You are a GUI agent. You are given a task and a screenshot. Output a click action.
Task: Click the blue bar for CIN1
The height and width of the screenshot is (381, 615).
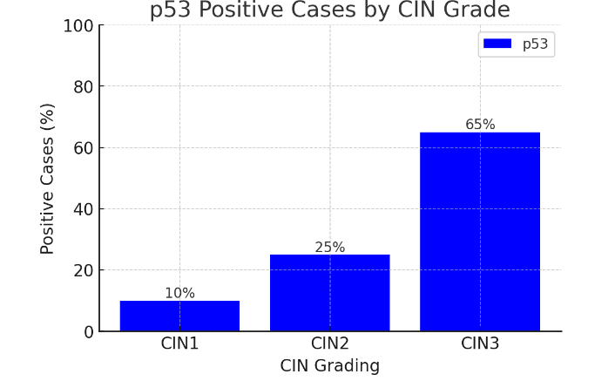(179, 316)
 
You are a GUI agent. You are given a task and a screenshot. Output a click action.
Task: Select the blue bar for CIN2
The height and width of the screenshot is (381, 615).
(329, 293)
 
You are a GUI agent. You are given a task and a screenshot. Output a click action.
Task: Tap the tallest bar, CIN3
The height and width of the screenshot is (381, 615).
(479, 232)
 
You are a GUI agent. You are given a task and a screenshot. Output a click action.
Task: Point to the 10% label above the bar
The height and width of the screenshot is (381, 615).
(179, 294)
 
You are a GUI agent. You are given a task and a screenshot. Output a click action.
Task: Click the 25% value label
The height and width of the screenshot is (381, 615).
(329, 248)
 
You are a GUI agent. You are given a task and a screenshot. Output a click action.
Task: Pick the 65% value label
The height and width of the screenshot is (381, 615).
(480, 125)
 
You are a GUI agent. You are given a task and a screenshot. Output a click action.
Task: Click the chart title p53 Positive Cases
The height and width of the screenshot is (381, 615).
(329, 10)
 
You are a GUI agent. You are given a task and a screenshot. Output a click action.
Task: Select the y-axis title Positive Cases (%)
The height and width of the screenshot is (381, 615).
(48, 179)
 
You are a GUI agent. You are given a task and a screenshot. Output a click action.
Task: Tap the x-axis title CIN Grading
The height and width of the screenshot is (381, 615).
(329, 366)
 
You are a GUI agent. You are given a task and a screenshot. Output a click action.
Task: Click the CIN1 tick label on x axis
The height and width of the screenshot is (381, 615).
(179, 344)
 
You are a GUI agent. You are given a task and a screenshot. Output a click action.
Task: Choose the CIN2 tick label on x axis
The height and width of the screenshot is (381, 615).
(329, 344)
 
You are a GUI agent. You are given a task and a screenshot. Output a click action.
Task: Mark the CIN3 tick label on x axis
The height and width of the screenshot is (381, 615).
(480, 344)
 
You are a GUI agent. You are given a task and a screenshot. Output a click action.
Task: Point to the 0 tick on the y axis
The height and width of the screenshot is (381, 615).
(88, 331)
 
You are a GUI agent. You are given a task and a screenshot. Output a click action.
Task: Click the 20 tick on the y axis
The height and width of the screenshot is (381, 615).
(84, 270)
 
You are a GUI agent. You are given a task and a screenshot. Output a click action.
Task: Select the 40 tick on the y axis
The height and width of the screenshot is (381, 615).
(84, 209)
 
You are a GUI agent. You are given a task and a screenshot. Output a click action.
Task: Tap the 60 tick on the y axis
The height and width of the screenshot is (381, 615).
(84, 148)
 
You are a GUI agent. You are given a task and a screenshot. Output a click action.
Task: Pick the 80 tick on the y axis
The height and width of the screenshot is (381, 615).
(84, 87)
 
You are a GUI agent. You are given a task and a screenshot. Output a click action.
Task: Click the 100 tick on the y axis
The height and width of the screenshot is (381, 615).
(78, 26)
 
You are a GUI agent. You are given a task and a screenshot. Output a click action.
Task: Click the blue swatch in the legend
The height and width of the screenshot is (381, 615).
(497, 44)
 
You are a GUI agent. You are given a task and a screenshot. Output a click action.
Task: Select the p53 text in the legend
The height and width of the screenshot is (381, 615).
(535, 44)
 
